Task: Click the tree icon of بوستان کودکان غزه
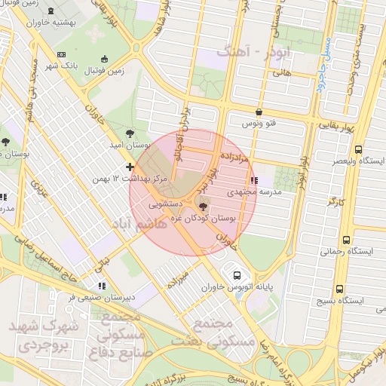point(202,207)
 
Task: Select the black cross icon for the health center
point(130,166)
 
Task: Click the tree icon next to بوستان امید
point(133,132)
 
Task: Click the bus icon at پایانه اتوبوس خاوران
point(237,276)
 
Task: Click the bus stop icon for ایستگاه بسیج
point(340,288)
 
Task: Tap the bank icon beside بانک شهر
point(61,54)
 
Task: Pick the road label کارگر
point(336,202)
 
